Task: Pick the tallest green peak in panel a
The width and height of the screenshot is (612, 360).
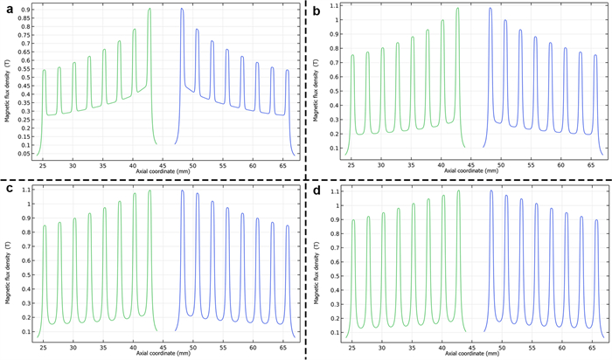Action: pyautogui.click(x=150, y=10)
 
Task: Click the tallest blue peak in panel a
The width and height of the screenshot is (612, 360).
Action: pyautogui.click(x=182, y=10)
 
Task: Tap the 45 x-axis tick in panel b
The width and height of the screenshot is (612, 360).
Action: pyautogui.click(x=471, y=164)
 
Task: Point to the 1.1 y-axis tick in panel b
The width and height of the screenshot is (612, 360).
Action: pyautogui.click(x=337, y=6)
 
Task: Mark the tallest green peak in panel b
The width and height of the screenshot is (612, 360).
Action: pyautogui.click(x=457, y=10)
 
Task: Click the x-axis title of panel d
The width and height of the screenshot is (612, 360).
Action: pyautogui.click(x=472, y=355)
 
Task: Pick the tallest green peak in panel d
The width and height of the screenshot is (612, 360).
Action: pyautogui.click(x=457, y=191)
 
